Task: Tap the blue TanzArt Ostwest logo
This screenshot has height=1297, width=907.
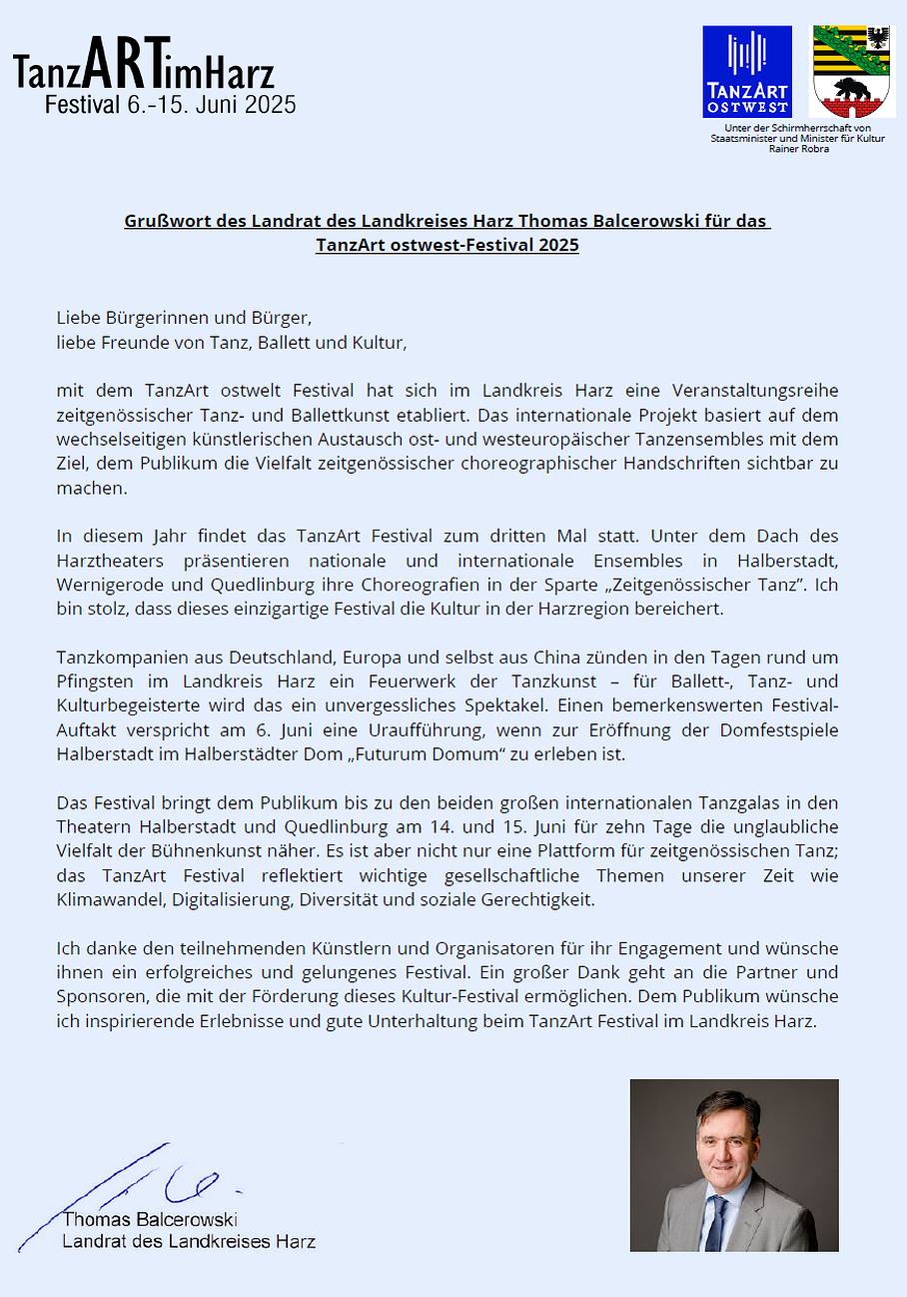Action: click(x=747, y=72)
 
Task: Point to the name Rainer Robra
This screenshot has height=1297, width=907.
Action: click(x=798, y=149)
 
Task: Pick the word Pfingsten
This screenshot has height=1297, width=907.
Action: click(x=94, y=682)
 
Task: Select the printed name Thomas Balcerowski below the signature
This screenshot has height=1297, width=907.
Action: click(x=150, y=1220)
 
